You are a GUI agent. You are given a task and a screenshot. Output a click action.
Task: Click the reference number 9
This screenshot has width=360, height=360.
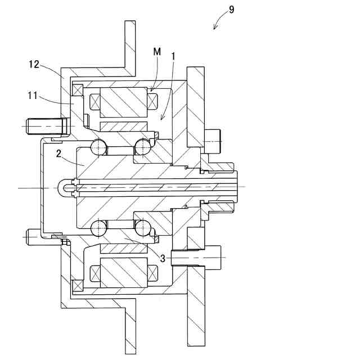pyautogui.click(x=232, y=10)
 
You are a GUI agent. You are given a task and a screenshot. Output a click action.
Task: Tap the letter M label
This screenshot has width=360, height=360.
pyautogui.click(x=157, y=52)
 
